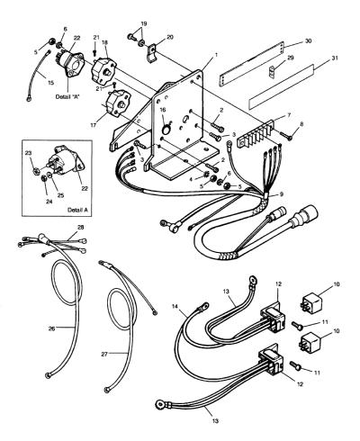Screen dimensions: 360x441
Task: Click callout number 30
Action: click(308, 41)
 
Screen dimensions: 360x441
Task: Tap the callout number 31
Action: click(335, 58)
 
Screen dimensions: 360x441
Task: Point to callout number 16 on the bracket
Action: click(163, 110)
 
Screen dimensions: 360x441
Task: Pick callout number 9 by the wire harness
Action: click(281, 194)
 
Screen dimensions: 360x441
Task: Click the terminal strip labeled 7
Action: click(256, 134)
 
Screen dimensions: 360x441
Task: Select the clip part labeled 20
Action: click(152, 53)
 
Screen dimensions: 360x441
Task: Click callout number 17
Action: click(94, 125)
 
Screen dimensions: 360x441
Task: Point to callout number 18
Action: click(104, 42)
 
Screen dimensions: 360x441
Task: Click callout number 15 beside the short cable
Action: click(50, 82)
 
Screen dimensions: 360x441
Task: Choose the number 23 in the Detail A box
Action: click(28, 153)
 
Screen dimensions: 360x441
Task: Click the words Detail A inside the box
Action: click(78, 210)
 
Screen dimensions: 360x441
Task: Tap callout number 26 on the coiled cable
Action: click(52, 328)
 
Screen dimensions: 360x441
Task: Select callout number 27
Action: click(104, 355)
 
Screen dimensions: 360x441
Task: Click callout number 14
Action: click(175, 306)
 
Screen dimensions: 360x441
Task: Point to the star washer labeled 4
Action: click(206, 175)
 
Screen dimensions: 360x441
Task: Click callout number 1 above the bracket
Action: click(216, 55)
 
